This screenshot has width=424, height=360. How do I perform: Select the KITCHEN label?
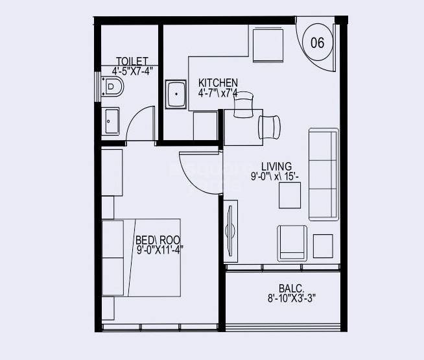coord(218,83)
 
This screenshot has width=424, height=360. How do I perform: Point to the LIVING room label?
coord(276,166)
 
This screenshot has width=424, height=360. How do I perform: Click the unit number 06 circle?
coord(318,43)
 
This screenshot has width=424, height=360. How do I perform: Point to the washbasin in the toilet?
coord(111,121)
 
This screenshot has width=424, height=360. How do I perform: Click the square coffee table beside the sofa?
coord(290,195)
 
